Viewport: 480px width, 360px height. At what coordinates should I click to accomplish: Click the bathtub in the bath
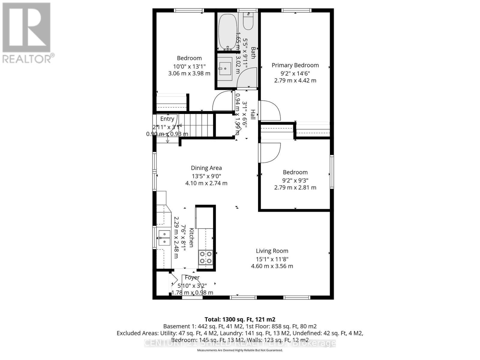click(227, 32)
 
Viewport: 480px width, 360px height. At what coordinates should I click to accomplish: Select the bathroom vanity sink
click(225, 69)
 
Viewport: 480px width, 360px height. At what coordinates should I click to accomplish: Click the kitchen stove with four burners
click(205, 257)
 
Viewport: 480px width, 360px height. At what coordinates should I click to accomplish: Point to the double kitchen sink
click(164, 238)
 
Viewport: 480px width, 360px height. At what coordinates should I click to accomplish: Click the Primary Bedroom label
click(295, 65)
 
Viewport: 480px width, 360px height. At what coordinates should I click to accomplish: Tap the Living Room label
click(272, 251)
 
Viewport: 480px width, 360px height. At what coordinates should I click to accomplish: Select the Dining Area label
click(206, 168)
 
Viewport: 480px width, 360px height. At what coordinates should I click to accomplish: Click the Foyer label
click(192, 277)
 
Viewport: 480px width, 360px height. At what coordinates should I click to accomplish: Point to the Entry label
click(167, 119)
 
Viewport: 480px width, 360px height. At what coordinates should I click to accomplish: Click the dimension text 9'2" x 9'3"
click(295, 180)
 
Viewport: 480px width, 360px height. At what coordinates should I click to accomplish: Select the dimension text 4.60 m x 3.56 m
click(272, 266)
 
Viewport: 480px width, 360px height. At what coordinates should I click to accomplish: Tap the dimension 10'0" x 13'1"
click(189, 66)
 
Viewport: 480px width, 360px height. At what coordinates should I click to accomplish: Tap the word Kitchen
click(191, 238)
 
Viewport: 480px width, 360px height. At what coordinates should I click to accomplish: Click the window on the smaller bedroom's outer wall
click(332, 172)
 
